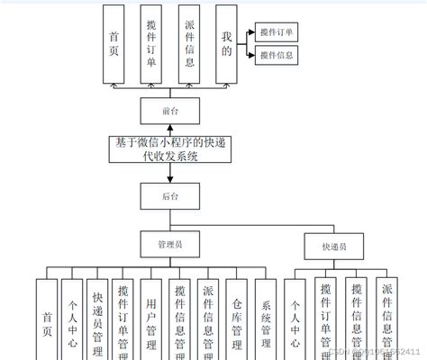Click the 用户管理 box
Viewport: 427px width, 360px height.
click(153, 319)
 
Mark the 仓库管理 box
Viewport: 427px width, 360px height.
click(236, 319)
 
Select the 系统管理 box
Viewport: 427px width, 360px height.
click(265, 319)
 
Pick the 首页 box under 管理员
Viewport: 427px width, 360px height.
click(48, 319)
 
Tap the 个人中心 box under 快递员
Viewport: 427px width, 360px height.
click(295, 319)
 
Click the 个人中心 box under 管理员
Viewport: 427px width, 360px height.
click(72, 319)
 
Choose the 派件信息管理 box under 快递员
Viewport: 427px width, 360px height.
click(387, 319)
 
